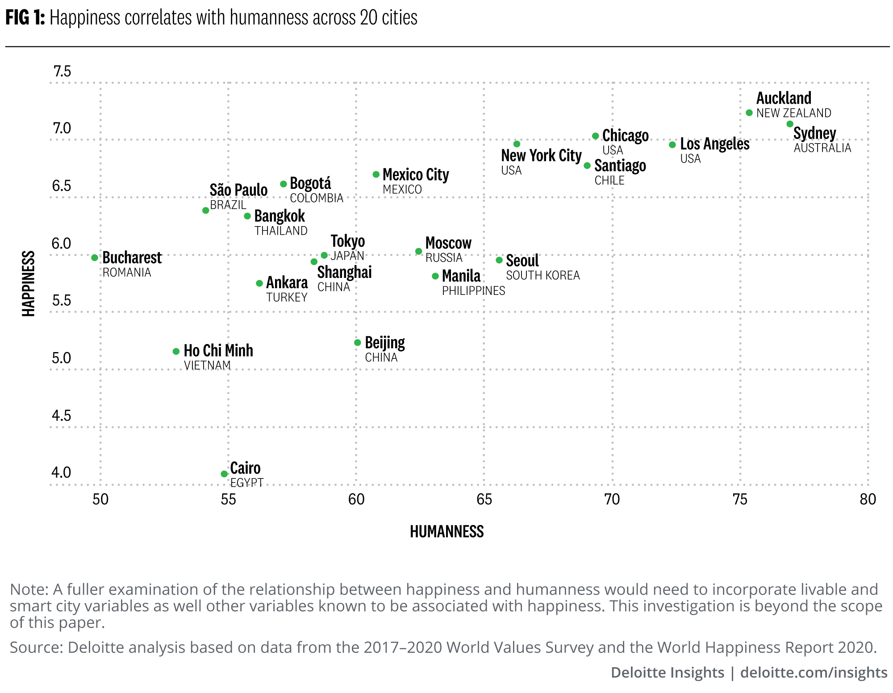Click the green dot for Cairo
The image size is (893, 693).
pos(224,474)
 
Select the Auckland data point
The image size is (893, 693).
pos(749,113)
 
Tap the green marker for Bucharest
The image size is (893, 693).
pos(95,258)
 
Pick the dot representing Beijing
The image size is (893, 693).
pos(357,343)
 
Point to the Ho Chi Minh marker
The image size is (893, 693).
pos(176,351)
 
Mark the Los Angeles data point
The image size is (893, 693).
pos(672,145)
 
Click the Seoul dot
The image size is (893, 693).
pos(499,260)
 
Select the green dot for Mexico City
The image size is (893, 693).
pos(376,174)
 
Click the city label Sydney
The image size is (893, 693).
pos(814,133)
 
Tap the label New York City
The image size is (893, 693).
pos(541,155)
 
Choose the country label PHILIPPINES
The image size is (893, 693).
pos(473,291)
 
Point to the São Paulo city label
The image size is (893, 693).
pos(238,190)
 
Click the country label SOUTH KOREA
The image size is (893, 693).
pos(542,276)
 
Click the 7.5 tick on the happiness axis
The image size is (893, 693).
pos(62,71)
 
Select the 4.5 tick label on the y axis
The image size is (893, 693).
pos(62,416)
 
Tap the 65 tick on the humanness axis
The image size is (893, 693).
pos(484,499)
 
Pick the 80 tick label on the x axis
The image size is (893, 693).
pos(868,499)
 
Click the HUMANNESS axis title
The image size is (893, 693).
pos(446,531)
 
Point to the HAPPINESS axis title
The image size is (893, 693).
pos(29,284)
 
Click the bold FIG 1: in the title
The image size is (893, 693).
pos(25,18)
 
